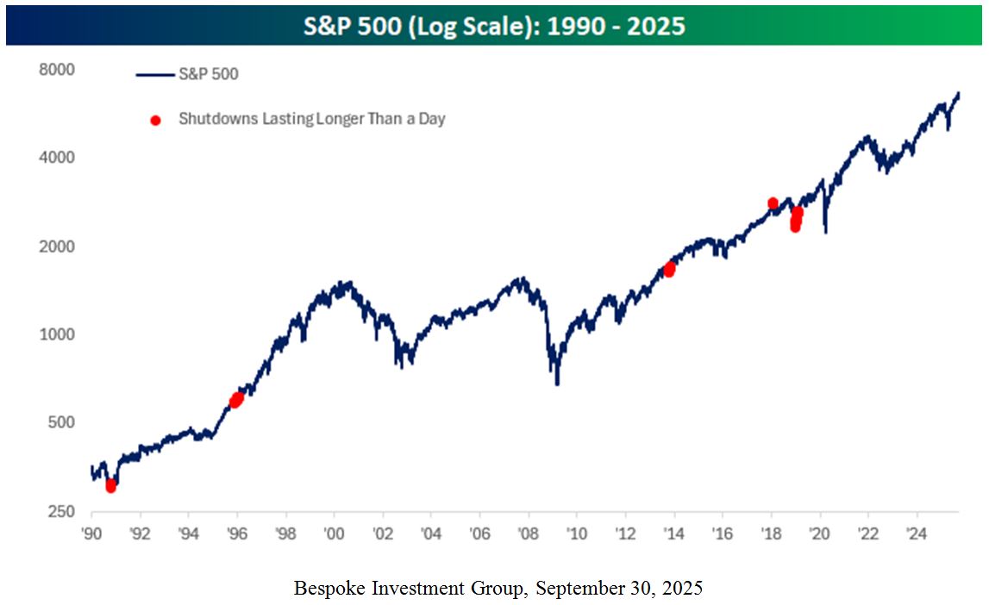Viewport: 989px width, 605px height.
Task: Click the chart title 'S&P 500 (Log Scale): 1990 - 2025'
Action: click(494, 25)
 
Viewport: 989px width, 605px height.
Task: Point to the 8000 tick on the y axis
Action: click(59, 69)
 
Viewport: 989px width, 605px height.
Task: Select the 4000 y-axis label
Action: click(59, 158)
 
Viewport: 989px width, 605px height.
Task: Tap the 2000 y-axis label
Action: click(59, 246)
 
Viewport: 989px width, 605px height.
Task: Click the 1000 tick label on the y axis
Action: click(59, 334)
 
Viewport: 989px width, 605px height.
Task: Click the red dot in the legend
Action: click(155, 120)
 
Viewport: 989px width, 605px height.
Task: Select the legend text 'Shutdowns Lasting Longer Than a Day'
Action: click(311, 119)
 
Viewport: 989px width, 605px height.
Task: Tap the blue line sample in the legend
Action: click(153, 75)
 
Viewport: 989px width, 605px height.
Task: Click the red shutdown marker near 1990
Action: click(110, 486)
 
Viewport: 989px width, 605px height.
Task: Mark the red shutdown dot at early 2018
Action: click(773, 203)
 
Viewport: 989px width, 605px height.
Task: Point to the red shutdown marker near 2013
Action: click(669, 270)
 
